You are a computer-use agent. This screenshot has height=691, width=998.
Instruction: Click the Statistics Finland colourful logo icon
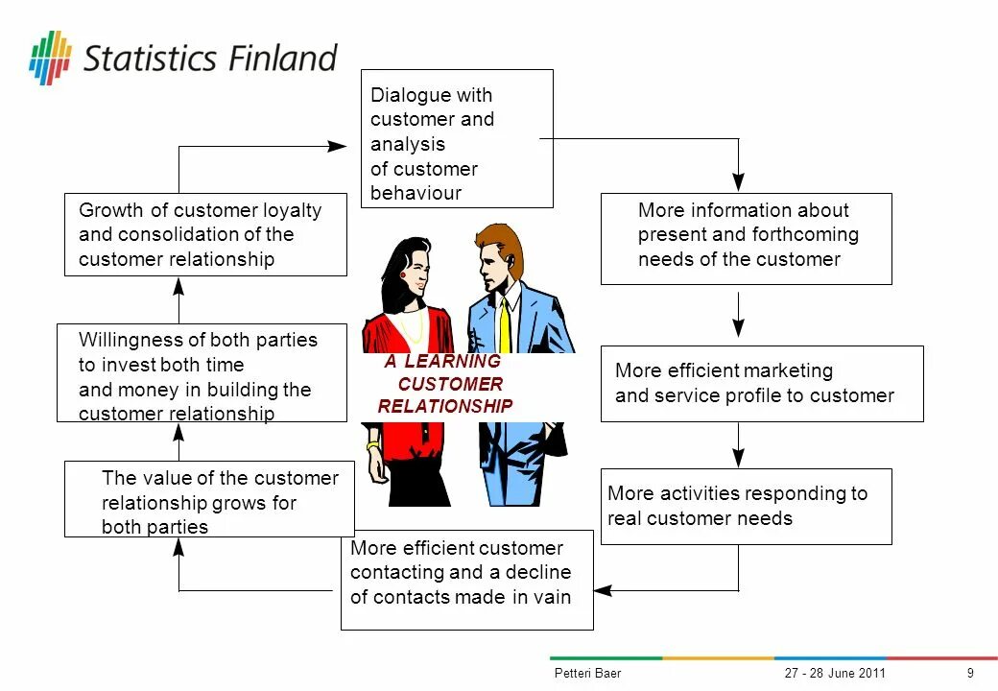click(50, 58)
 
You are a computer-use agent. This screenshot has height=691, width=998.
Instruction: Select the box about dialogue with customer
click(456, 138)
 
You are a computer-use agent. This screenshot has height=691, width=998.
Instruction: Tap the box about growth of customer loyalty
click(205, 235)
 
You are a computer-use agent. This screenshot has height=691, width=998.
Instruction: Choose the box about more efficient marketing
click(762, 384)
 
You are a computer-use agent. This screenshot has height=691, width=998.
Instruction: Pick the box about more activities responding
click(746, 506)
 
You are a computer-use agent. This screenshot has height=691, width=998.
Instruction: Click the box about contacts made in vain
click(466, 580)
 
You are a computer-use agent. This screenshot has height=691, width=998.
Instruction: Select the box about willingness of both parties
click(202, 373)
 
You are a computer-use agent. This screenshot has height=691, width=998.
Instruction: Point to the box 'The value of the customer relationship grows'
click(209, 499)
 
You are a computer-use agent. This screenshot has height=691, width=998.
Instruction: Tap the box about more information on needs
click(746, 238)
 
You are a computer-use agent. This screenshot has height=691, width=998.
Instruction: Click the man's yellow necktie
click(505, 325)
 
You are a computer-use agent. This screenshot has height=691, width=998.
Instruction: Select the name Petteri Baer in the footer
click(587, 673)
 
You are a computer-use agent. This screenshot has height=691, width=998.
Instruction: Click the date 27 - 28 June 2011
click(835, 673)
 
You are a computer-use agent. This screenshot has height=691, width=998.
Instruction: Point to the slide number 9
click(970, 673)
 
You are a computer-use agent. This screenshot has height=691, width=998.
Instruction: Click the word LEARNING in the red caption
click(453, 362)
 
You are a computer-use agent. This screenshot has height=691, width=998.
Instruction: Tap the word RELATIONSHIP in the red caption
click(445, 406)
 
